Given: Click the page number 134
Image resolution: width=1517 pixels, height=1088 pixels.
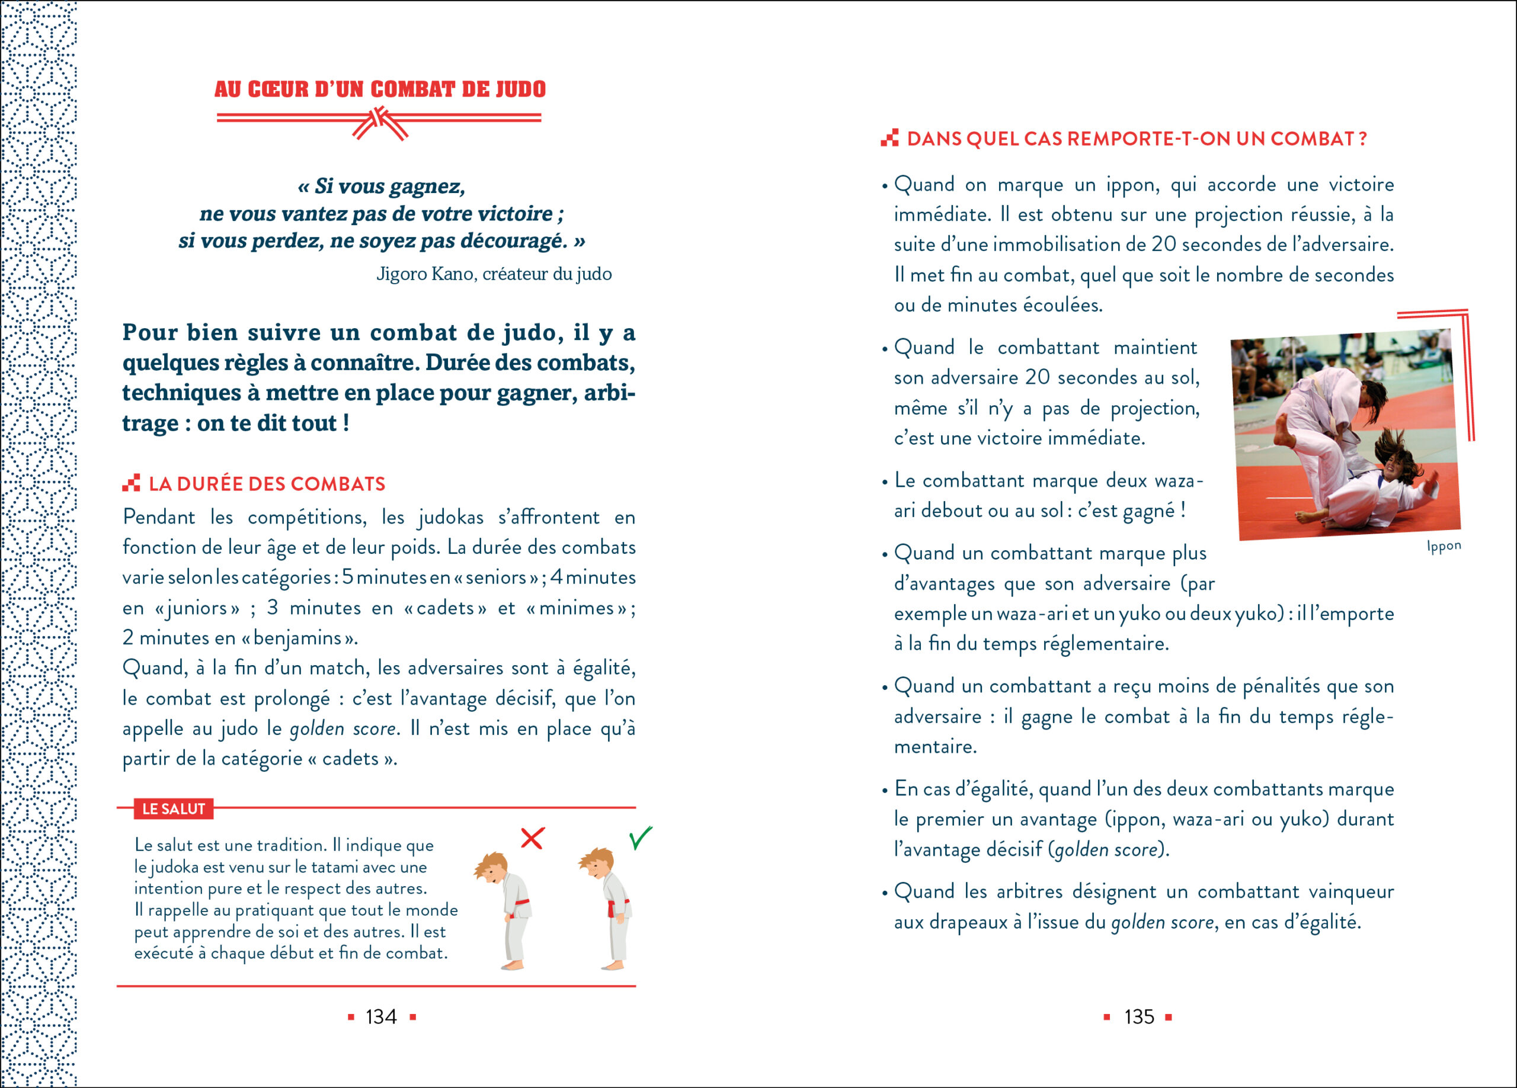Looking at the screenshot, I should click(x=380, y=1017).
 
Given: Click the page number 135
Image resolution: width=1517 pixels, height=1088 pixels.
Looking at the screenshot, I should click(x=1138, y=1017).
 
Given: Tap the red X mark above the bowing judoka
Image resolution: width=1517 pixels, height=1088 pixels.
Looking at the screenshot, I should click(x=532, y=838).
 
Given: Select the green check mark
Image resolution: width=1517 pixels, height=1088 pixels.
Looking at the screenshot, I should click(x=640, y=838).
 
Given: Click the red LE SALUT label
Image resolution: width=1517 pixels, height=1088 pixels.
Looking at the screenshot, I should click(x=173, y=808).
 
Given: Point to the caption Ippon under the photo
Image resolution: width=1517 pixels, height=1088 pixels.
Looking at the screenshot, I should click(x=1444, y=546).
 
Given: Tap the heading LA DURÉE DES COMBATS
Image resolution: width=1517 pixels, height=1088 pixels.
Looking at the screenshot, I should click(x=267, y=484).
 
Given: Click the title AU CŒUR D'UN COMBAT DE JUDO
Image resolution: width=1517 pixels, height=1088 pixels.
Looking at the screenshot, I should click(x=380, y=89).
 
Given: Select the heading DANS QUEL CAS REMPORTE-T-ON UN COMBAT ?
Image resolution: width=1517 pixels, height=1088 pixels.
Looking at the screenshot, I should click(x=1137, y=139).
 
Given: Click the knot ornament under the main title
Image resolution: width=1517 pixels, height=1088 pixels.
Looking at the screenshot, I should click(x=379, y=124).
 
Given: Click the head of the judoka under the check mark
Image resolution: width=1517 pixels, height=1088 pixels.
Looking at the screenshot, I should click(x=597, y=864).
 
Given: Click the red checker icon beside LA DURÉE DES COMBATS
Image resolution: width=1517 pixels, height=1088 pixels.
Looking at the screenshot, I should click(x=131, y=483).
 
